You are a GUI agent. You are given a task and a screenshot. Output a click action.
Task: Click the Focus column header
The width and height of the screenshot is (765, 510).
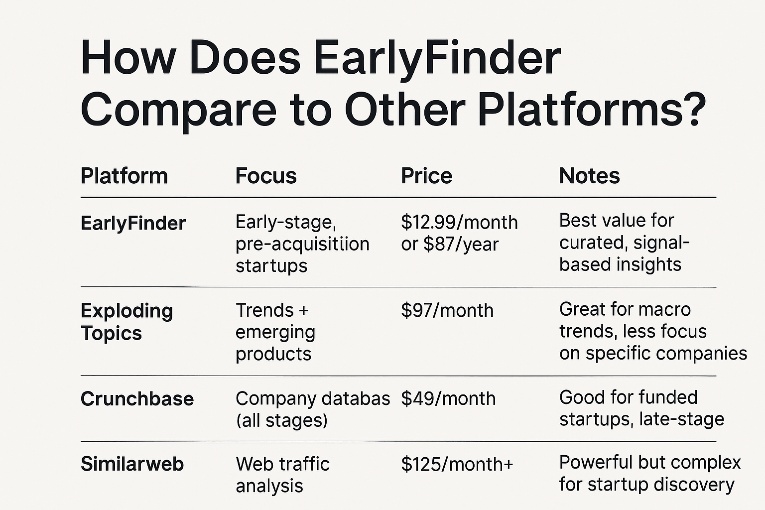coord(266,176)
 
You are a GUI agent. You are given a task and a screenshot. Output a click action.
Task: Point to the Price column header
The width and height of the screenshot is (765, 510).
coord(426,176)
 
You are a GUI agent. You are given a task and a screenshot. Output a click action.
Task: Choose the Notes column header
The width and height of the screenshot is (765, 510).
coord(590,176)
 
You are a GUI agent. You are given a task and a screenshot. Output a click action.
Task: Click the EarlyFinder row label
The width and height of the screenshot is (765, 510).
coord(133,224)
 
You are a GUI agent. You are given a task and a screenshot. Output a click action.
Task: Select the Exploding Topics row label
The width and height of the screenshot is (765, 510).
coord(127,322)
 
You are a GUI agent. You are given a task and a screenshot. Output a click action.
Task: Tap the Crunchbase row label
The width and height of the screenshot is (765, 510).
coord(137,398)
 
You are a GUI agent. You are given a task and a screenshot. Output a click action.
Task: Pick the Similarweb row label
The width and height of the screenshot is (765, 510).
coord(132,464)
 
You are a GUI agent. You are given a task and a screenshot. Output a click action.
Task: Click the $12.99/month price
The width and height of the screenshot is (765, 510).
coord(459,222)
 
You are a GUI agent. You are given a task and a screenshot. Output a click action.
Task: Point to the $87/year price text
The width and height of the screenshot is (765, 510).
coord(461,244)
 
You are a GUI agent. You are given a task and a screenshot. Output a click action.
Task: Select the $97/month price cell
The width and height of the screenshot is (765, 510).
coord(447,310)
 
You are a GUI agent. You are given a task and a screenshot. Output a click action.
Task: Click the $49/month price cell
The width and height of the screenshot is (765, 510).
coord(448,398)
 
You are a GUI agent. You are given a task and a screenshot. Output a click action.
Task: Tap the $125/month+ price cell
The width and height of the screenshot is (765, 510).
coord(457,464)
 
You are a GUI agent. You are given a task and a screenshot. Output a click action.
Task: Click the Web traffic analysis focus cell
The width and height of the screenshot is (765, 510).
coord(283,475)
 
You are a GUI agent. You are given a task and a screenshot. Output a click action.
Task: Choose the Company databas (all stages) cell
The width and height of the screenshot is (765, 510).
coord(313,409)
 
